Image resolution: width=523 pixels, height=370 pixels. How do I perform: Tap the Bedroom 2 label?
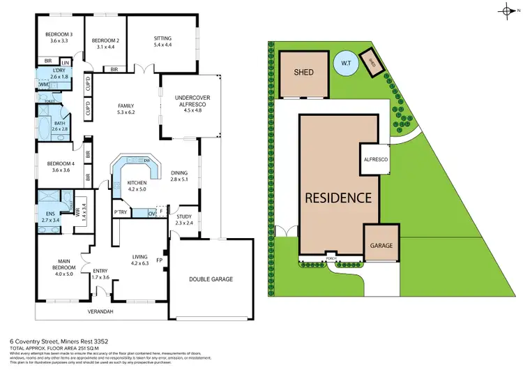coord(108,43)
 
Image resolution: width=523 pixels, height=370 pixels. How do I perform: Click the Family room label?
coord(126,108)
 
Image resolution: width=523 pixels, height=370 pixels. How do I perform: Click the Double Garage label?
coord(211,279)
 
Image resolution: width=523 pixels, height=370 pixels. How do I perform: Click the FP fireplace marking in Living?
coord(160,260)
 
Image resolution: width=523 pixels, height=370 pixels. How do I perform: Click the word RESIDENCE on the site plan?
coord(338,198)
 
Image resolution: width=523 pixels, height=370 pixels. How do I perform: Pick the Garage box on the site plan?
coord(381,246)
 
